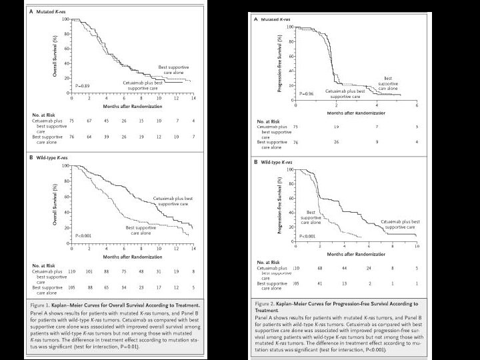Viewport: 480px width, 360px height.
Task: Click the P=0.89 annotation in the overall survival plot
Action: pyautogui.click(x=81, y=86)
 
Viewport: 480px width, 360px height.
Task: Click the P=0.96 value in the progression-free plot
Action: pyautogui.click(x=307, y=93)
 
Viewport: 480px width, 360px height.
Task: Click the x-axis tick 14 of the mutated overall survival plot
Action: pyautogui.click(x=193, y=98)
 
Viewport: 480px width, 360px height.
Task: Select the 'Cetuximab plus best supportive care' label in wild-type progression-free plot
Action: pyautogui.click(x=400, y=224)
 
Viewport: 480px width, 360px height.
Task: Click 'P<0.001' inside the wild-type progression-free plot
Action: pyautogui.click(x=308, y=236)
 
